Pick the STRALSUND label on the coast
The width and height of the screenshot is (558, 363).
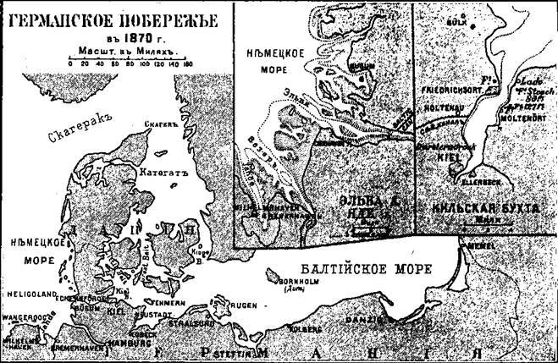(217, 322)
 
